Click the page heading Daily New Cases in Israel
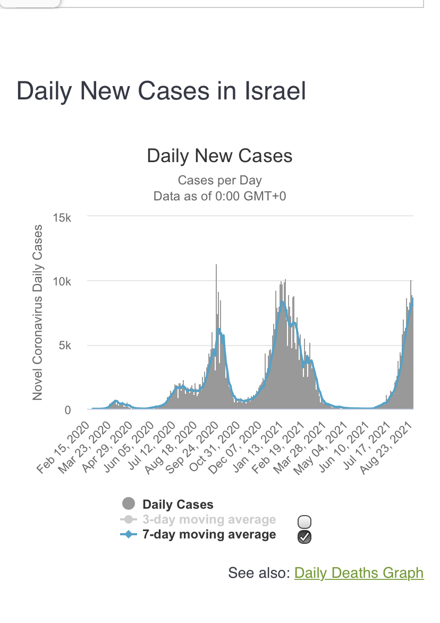(x=162, y=91)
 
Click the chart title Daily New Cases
(x=219, y=156)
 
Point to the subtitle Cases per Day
(x=219, y=180)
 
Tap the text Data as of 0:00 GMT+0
(x=219, y=196)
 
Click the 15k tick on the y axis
(x=62, y=217)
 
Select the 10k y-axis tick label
(x=62, y=282)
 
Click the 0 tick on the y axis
(x=68, y=410)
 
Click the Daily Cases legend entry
(x=177, y=504)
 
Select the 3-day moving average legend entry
(x=209, y=520)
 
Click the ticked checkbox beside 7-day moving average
(x=304, y=537)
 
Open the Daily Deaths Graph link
(x=359, y=573)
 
